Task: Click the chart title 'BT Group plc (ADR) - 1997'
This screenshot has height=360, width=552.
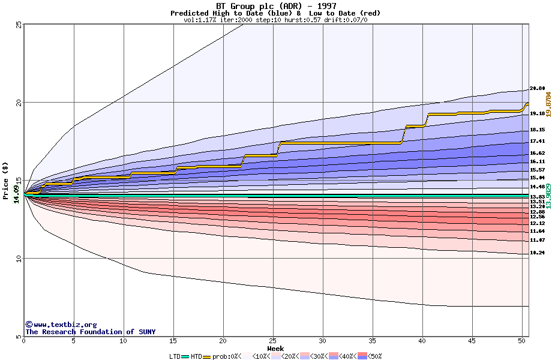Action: [276, 6]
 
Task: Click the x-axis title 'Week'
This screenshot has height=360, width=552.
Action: [275, 349]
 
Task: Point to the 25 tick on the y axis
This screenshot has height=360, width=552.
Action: [18, 25]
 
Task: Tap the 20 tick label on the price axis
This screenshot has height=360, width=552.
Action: [18, 103]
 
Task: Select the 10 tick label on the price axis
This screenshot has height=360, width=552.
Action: [18, 259]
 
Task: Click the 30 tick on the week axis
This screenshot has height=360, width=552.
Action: [323, 341]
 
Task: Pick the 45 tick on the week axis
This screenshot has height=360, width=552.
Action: [472, 341]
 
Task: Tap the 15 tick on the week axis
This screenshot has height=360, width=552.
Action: [173, 341]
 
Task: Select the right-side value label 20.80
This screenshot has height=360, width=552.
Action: [537, 89]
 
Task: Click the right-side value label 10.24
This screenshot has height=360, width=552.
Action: [537, 253]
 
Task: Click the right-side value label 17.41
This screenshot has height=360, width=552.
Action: [537, 141]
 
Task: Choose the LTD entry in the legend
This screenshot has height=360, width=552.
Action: [175, 356]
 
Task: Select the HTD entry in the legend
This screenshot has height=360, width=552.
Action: [196, 356]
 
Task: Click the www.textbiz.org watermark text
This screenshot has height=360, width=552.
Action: [65, 325]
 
